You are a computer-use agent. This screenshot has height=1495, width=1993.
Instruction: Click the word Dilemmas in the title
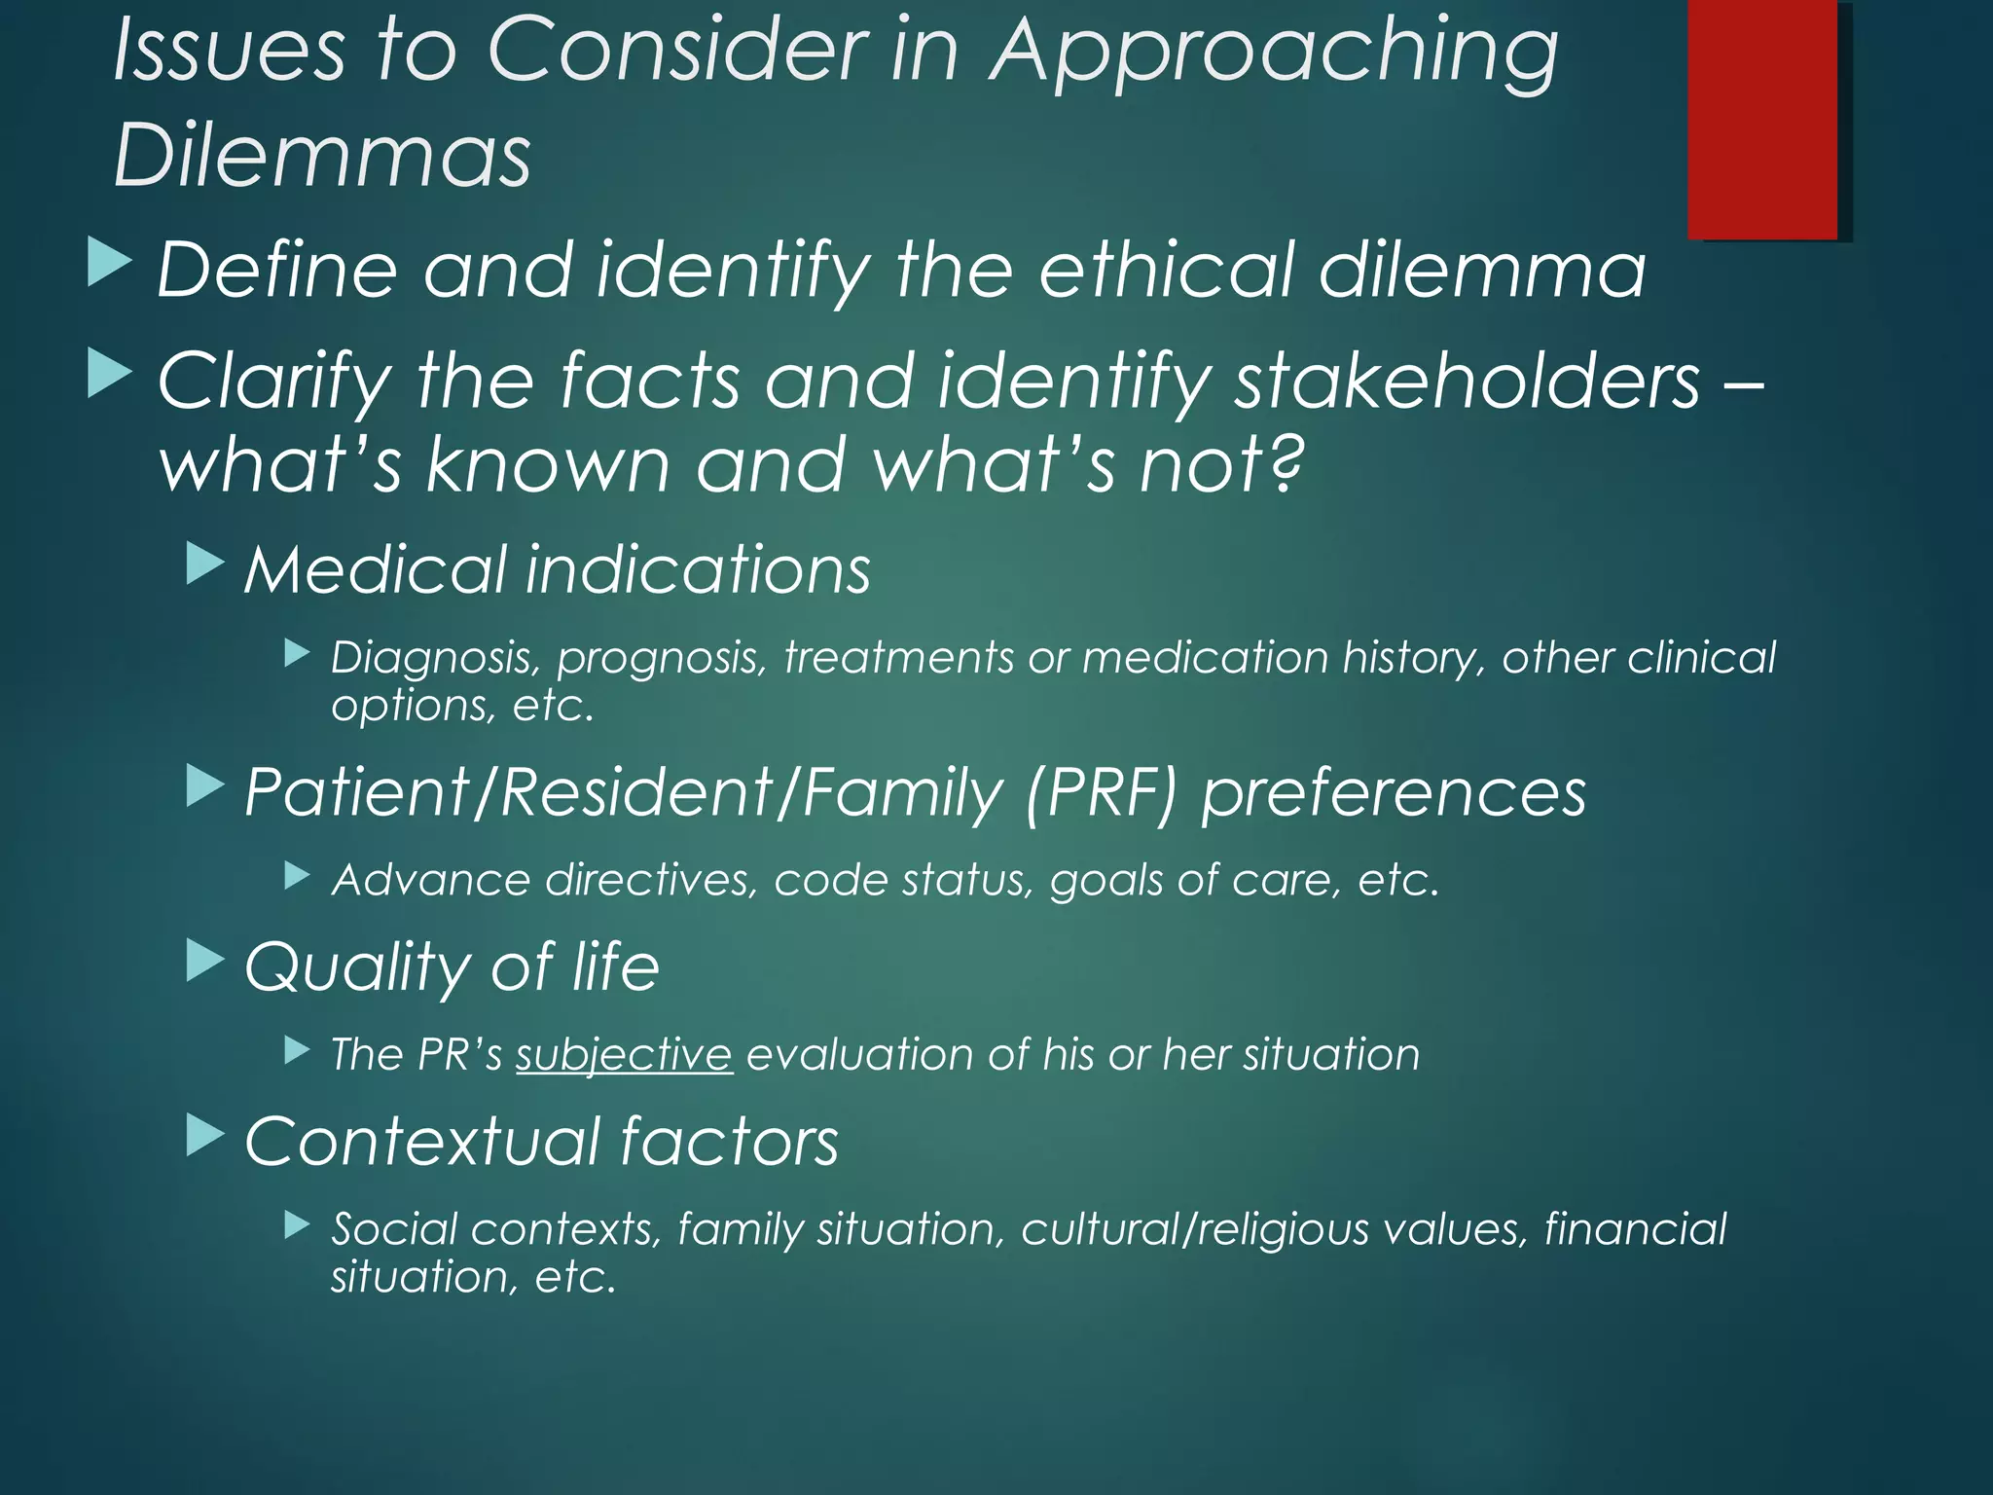click(322, 156)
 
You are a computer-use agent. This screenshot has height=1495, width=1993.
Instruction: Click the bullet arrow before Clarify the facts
click(109, 374)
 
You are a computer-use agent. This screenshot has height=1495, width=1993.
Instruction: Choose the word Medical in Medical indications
click(376, 569)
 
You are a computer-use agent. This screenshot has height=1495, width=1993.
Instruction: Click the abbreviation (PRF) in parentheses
click(1100, 791)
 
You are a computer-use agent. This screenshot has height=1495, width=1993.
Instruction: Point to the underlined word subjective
click(624, 1054)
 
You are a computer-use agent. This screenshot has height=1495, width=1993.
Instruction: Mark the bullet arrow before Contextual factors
click(204, 1135)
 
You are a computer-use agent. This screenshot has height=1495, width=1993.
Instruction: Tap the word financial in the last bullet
click(1635, 1228)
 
